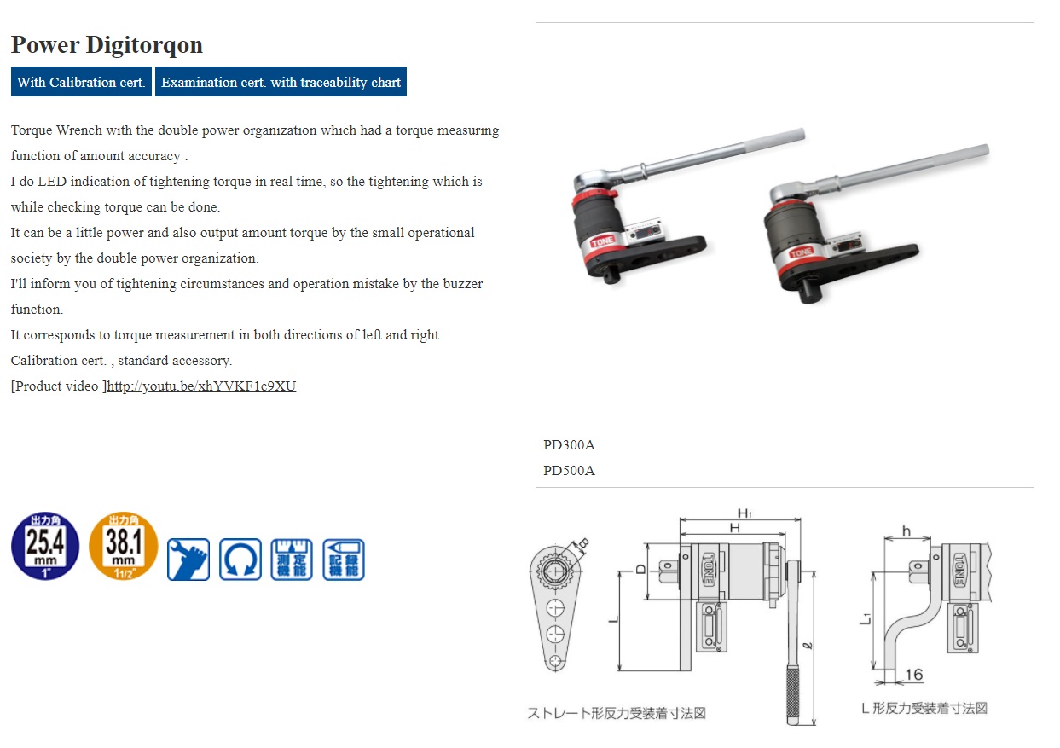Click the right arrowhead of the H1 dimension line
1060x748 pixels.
pos(798,519)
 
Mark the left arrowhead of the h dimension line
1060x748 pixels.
pos(887,538)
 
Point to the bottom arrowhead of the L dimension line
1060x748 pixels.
pos(619,668)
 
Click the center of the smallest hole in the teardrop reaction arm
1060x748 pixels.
pos(555,661)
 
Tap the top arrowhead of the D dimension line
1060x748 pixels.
pos(648,546)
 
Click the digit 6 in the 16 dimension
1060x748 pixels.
pos(918,675)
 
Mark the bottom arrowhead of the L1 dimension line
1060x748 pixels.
pos(873,666)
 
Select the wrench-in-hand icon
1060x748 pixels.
pos(188,560)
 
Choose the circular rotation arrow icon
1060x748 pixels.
pos(240,560)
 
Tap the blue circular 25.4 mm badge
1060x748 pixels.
pos(45,545)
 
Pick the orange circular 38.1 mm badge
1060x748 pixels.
pos(123,545)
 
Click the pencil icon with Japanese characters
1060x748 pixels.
pos(344,560)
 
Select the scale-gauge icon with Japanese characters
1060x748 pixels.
pos(292,560)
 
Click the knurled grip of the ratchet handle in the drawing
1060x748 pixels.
pos(792,694)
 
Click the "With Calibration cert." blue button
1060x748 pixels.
pos(81,81)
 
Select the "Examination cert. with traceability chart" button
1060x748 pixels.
pos(281,81)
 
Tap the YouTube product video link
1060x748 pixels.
pos(201,386)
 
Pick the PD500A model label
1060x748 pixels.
pos(569,470)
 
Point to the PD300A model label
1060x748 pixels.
pos(569,444)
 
